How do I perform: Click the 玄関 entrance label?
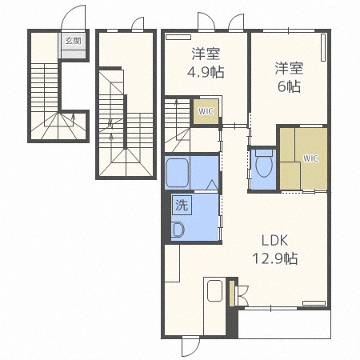coord(74,41)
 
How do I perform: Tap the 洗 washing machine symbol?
coord(182,205)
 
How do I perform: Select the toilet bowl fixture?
coord(264,163)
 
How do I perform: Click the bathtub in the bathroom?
coord(177,173)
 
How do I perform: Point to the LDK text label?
coord(274,241)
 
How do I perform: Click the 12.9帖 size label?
coord(275,258)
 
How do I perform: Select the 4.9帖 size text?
coord(206,72)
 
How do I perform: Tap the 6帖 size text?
coord(290,86)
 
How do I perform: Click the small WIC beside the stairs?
coord(206,111)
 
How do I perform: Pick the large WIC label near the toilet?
coord(310,158)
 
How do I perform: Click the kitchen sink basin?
coord(214,290)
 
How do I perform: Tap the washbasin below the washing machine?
coord(178,230)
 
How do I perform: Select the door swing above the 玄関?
coord(74,17)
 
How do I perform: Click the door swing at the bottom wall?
coord(190,346)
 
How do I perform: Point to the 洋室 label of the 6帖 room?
coord(290,68)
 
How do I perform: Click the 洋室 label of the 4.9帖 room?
coord(206,54)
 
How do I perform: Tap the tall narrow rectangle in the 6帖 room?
coord(323,47)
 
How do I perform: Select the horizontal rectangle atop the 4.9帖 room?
coord(178,37)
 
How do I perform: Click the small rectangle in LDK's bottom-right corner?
coord(314,303)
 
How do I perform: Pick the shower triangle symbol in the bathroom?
coord(212,185)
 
